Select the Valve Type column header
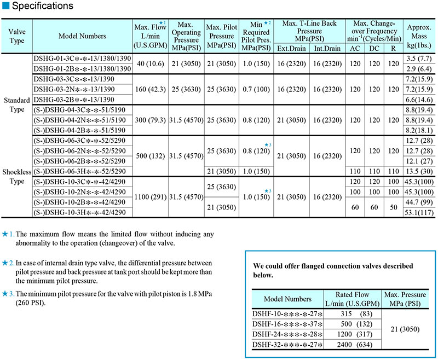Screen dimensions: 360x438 click(x=17, y=36)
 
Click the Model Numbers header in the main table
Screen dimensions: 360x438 click(x=82, y=36)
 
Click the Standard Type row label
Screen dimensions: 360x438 click(x=17, y=106)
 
